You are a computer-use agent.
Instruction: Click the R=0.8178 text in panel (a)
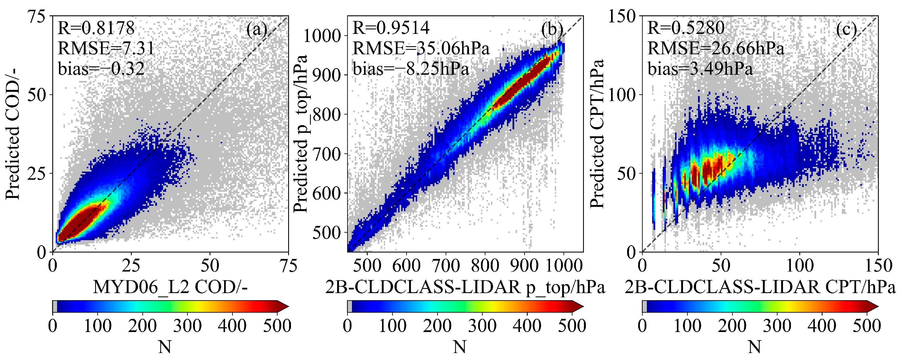pyautogui.click(x=96, y=28)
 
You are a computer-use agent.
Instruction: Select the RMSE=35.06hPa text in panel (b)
pyautogui.click(x=421, y=48)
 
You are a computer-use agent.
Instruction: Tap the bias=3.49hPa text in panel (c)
pyautogui.click(x=700, y=69)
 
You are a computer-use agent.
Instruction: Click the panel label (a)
pyautogui.click(x=257, y=29)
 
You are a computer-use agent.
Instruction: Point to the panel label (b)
pyautogui.click(x=552, y=29)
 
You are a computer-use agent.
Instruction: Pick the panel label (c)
pyautogui.click(x=847, y=29)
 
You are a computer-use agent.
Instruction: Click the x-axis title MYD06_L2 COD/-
pyautogui.click(x=170, y=287)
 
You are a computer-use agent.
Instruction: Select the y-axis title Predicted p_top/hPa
pyautogui.click(x=300, y=133)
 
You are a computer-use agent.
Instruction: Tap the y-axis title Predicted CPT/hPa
pyautogui.click(x=597, y=133)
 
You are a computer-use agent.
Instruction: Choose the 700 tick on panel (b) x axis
pyautogui.click(x=446, y=266)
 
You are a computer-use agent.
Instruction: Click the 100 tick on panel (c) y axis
pyautogui.click(x=622, y=95)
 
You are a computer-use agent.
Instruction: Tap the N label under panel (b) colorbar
pyautogui.click(x=459, y=347)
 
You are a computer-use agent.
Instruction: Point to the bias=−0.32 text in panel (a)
pyautogui.click(x=101, y=69)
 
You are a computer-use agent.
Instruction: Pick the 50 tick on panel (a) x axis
pyautogui.click(x=210, y=266)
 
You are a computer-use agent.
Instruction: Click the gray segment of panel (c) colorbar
pyautogui.click(x=644, y=307)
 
